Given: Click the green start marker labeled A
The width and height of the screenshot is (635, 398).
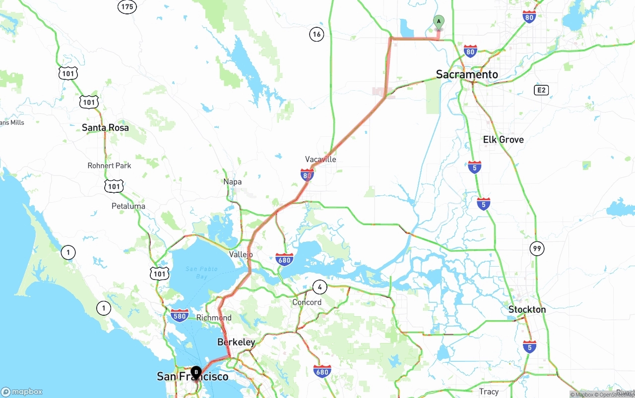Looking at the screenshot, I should pos(439,22).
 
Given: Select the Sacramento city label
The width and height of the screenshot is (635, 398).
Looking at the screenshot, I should pos(467,74).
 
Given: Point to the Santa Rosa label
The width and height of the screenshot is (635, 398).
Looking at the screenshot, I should pos(105,127).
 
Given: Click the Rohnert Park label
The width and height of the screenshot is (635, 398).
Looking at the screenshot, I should pos(109,166).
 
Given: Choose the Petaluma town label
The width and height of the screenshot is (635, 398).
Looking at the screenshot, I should pos(128,206).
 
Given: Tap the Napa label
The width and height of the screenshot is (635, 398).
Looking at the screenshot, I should pos(232,182).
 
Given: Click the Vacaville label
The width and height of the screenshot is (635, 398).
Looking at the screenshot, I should pos(320,159).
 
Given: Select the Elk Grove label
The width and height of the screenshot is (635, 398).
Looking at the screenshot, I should pos(503,139).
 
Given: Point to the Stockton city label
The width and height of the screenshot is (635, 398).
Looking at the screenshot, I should pos(527,309).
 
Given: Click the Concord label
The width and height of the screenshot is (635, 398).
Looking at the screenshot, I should pos(307,302).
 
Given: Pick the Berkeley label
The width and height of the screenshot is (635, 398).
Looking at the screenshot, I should pos(236,342).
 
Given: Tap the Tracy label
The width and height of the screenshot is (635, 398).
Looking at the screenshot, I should pos(489,392).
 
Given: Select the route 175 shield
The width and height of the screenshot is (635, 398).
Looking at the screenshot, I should pos(127,6).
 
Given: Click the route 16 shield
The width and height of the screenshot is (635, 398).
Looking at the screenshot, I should pos(317,34).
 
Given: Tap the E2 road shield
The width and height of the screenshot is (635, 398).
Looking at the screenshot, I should pos(541,90).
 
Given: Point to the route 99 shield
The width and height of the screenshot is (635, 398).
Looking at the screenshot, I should pos(537,248).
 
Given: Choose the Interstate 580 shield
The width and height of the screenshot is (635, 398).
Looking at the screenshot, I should pos(179,315).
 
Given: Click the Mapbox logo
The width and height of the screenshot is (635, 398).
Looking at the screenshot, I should pos(22,392).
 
